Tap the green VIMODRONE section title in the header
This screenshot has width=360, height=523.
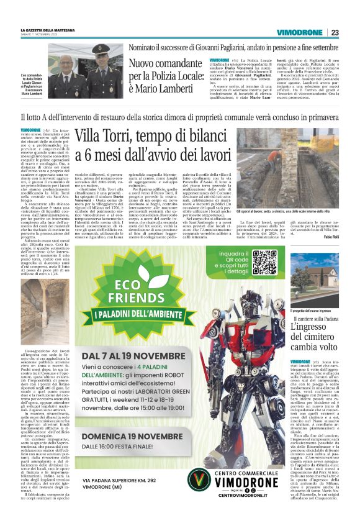pyautogui.click(x=302, y=33)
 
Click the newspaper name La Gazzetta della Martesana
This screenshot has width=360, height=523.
pyautogui.click(x=47, y=30)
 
